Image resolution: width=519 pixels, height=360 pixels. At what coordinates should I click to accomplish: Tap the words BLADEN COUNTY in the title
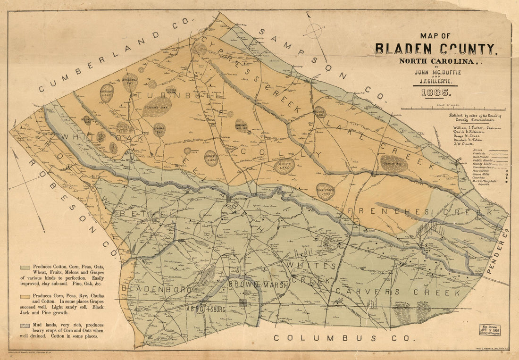435,49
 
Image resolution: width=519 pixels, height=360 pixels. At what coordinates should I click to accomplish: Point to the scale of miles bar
453,109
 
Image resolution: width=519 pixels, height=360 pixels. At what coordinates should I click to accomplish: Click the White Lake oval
285,166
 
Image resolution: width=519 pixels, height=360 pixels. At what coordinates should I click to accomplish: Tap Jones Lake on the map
211,158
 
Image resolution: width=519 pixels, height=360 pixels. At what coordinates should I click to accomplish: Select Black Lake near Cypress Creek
320,113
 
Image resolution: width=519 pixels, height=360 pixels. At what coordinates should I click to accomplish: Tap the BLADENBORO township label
156,288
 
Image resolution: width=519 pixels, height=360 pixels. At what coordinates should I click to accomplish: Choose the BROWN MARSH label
251,285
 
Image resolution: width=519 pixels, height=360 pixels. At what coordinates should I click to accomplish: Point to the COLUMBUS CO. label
344,338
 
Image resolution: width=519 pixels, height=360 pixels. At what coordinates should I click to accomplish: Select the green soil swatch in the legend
25,268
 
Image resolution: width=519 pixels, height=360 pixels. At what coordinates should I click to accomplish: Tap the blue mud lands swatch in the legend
25,326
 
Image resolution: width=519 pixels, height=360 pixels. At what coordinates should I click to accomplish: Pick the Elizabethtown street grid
230,200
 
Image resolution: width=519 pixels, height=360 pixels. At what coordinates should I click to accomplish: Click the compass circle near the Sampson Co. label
314,31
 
